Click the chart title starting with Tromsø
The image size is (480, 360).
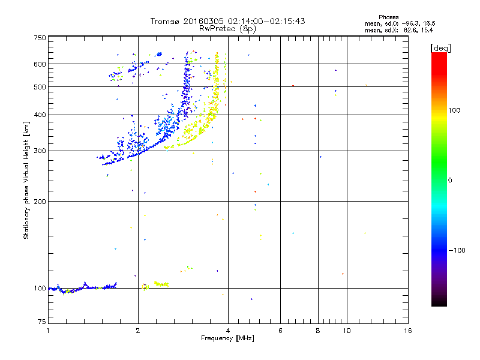tap(227, 21)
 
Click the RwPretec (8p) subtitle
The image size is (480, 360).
tap(227, 28)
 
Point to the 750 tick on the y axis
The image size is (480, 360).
tap(40, 38)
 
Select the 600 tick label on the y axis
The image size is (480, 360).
tap(40, 64)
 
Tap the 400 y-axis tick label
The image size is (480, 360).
tap(40, 115)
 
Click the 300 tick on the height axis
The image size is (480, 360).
tap(40, 151)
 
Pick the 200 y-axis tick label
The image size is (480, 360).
tap(40, 202)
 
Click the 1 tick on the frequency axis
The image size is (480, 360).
tap(48, 331)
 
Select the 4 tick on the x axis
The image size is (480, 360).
tap(228, 331)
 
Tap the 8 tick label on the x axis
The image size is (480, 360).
tap(319, 331)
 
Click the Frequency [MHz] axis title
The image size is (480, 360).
tap(227, 339)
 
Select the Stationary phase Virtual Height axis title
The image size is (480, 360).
tap(26, 180)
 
